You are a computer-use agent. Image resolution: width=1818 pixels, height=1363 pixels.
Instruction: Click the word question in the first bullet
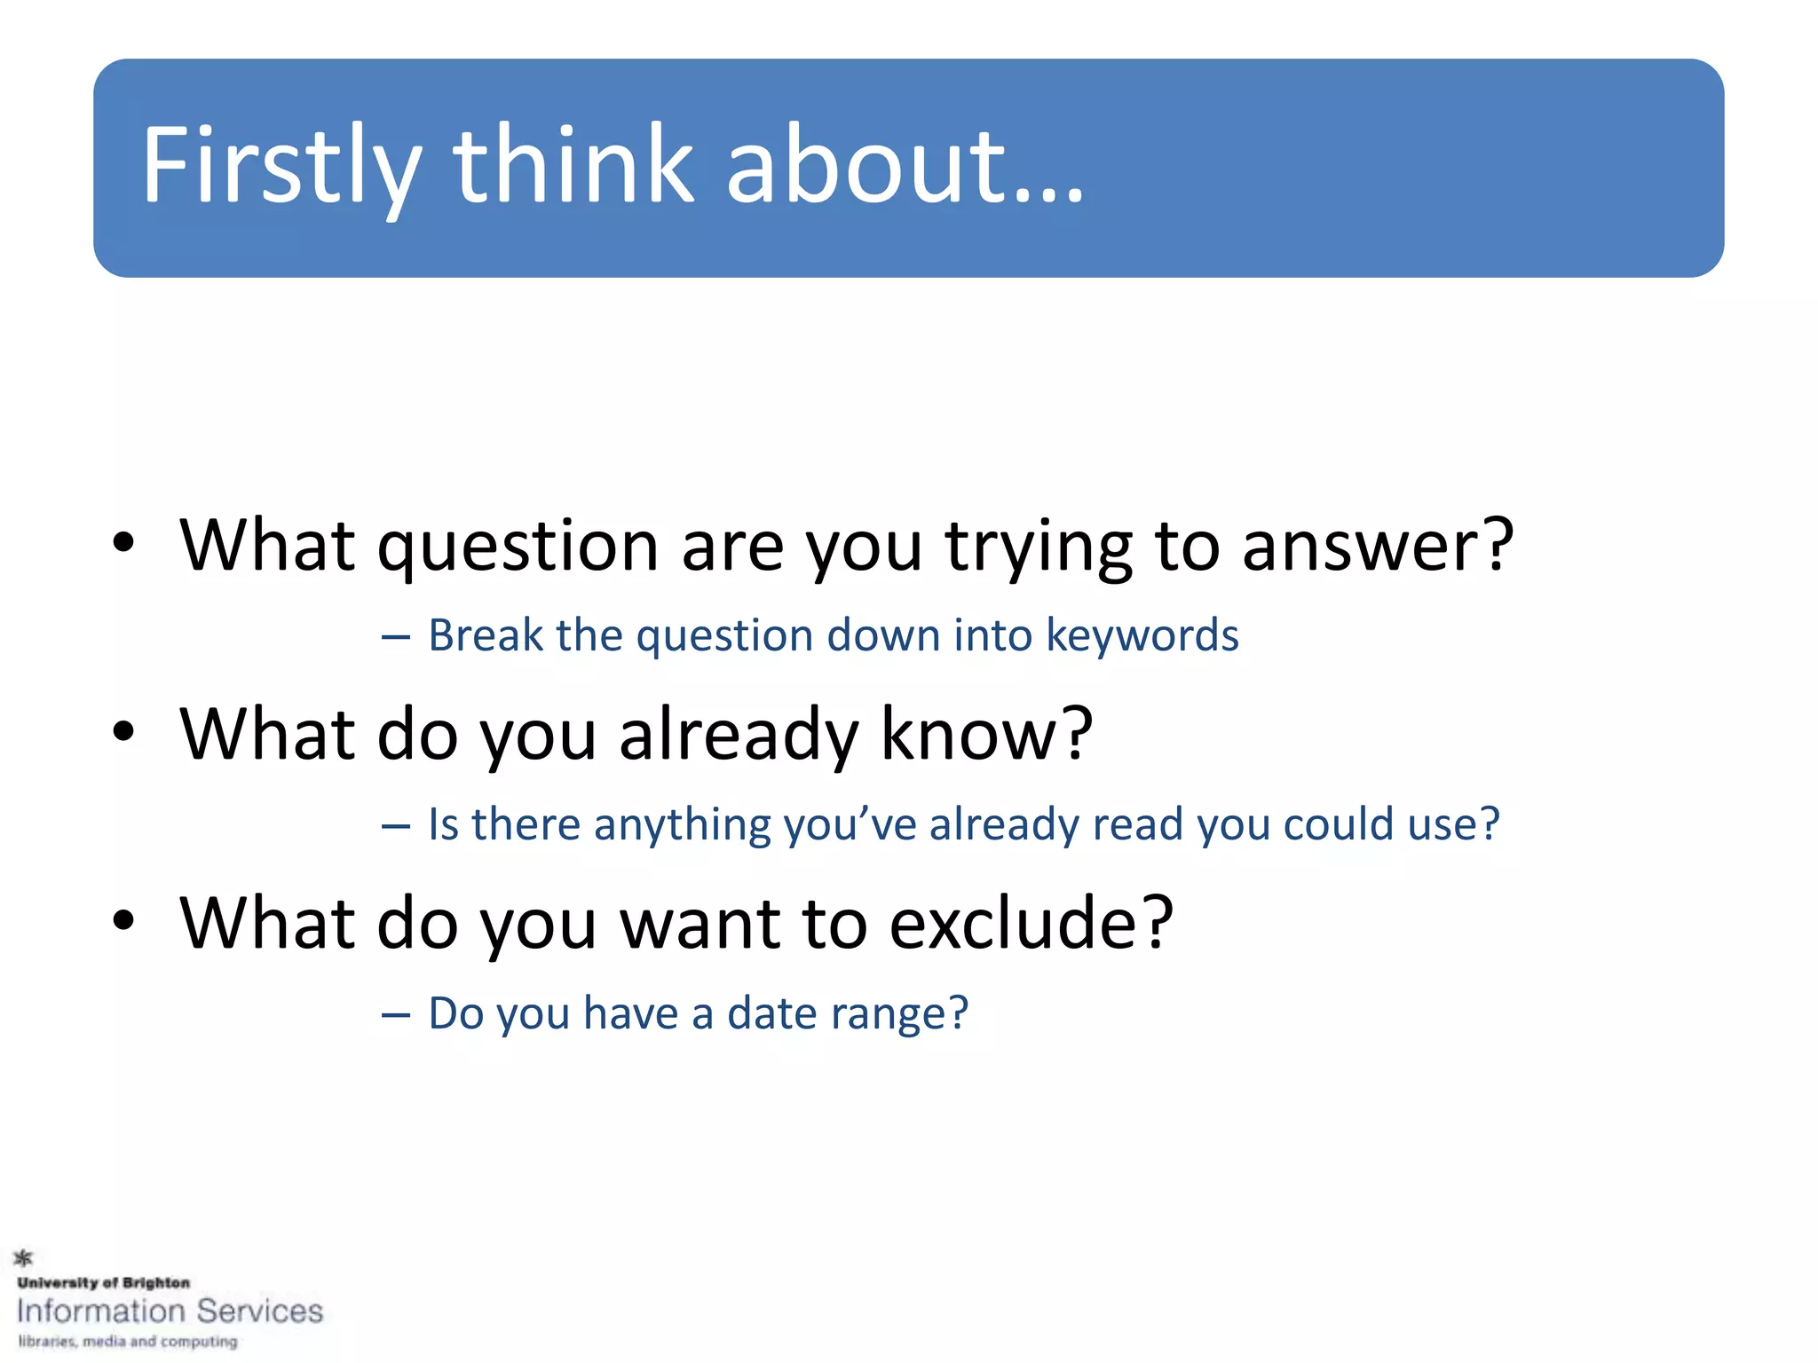click(x=518, y=547)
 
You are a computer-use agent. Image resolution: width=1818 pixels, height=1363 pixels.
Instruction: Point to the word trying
click(x=1039, y=547)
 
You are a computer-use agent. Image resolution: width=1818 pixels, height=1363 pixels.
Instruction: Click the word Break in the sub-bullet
click(x=486, y=635)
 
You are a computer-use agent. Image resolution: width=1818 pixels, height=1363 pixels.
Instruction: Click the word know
click(x=985, y=735)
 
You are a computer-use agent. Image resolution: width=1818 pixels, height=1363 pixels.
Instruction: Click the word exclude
click(x=1032, y=924)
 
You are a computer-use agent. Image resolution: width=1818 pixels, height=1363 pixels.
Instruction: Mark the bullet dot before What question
click(x=123, y=542)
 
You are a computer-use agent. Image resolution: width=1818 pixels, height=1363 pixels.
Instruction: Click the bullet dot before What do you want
click(x=123, y=920)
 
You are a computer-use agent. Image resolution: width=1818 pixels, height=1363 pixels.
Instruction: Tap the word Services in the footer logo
click(x=260, y=1311)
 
